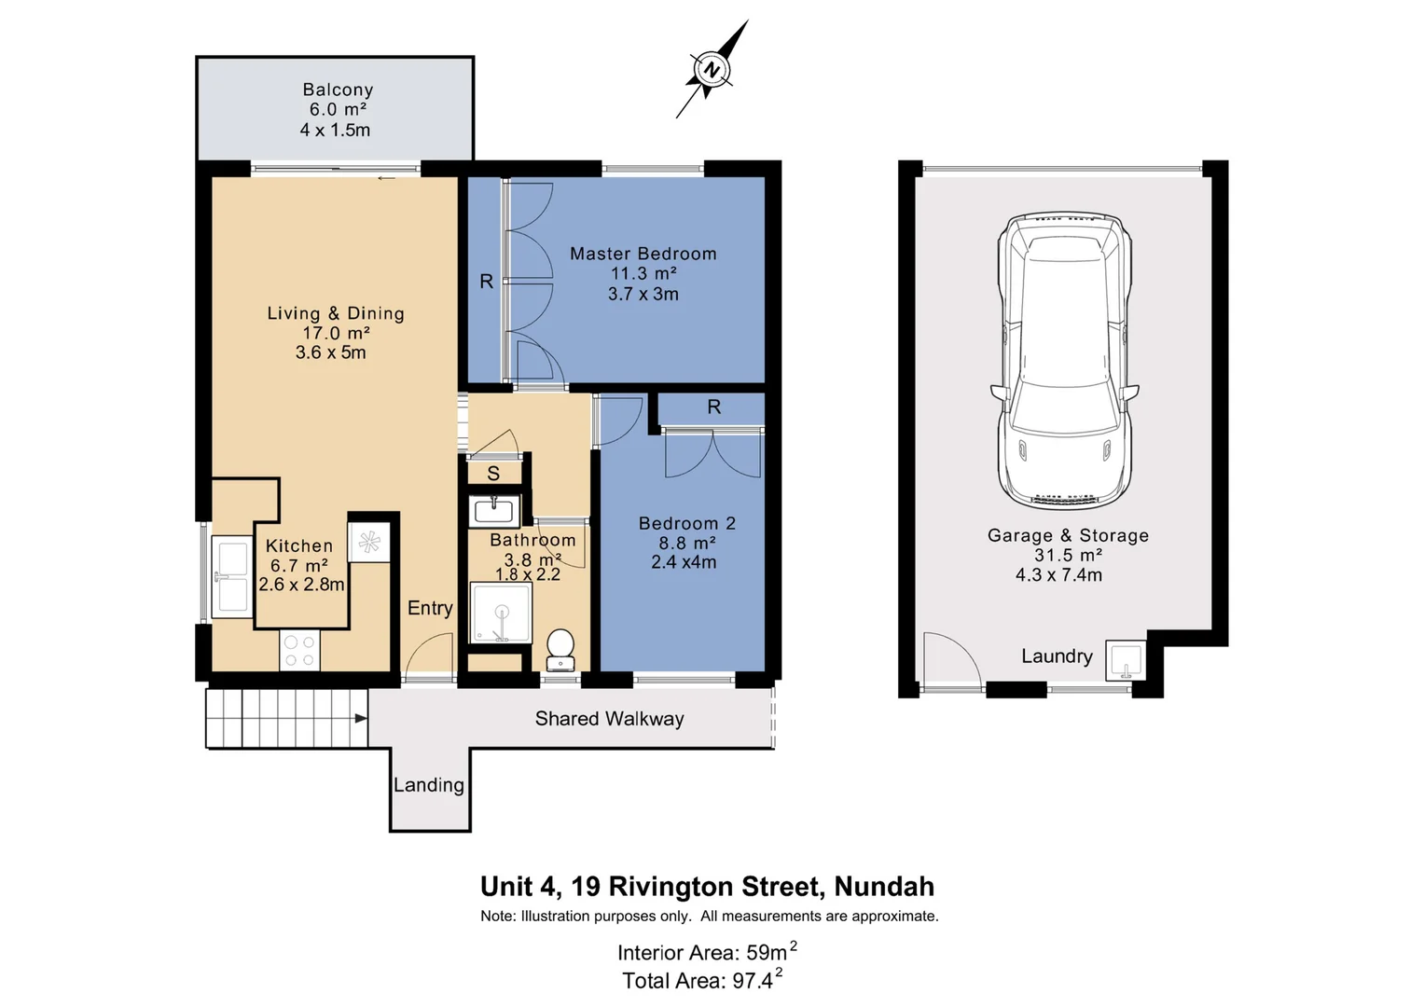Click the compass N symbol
[712, 69]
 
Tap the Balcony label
[338, 90]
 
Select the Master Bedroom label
[643, 254]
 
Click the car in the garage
[1065, 362]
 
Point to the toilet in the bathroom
[560, 650]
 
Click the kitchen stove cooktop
[299, 650]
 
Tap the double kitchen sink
[232, 576]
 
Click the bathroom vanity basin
[494, 511]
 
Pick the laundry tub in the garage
[1126, 660]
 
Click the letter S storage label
[493, 473]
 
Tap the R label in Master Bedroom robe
[486, 281]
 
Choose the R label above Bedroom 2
[714, 407]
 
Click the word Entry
[431, 608]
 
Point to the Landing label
[428, 785]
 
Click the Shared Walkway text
[609, 718]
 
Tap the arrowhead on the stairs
[361, 718]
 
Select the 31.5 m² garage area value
[1068, 555]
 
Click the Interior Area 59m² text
[707, 951]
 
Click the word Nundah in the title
[884, 886]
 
